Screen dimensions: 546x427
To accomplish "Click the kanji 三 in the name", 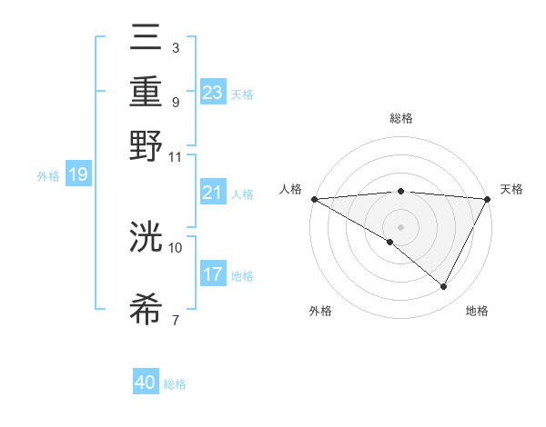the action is tap(146, 42).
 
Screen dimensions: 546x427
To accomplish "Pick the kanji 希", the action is tap(146, 309).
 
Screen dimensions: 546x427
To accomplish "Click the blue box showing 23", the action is tap(213, 92).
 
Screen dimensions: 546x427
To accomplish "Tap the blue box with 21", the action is tap(213, 193).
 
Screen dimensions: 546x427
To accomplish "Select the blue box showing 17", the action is tap(213, 274).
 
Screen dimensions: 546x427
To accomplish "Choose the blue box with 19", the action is tap(77, 174).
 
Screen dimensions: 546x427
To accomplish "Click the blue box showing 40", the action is tap(146, 382).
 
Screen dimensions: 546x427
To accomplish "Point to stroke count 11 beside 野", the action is tap(176, 156).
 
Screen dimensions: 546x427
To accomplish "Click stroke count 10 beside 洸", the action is tap(176, 246).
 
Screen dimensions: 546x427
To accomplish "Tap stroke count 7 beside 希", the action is tap(176, 320).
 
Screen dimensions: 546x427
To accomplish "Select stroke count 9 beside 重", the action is tap(176, 102).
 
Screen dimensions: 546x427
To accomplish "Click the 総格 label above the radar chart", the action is tap(400, 118).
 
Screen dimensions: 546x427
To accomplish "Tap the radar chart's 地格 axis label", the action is tap(477, 311).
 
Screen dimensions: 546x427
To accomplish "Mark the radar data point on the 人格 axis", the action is tap(314, 199).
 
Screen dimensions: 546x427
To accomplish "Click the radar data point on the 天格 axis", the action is tap(488, 199).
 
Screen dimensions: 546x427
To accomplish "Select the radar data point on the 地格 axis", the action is tap(444, 287).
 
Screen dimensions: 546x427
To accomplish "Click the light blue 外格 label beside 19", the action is tap(47, 175).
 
